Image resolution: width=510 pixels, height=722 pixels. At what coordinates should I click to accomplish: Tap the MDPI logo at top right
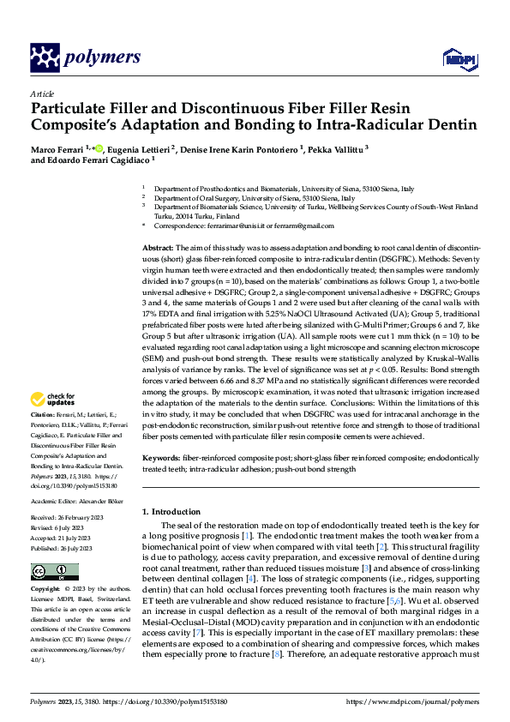click(x=455, y=58)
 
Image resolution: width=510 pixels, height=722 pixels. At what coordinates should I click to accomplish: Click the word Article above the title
click(x=42, y=93)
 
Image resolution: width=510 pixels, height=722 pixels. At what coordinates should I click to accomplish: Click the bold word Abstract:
click(x=159, y=247)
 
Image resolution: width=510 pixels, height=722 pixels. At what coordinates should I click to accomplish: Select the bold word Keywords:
click(x=162, y=459)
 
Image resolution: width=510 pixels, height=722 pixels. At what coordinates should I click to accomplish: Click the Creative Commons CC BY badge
click(x=55, y=572)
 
